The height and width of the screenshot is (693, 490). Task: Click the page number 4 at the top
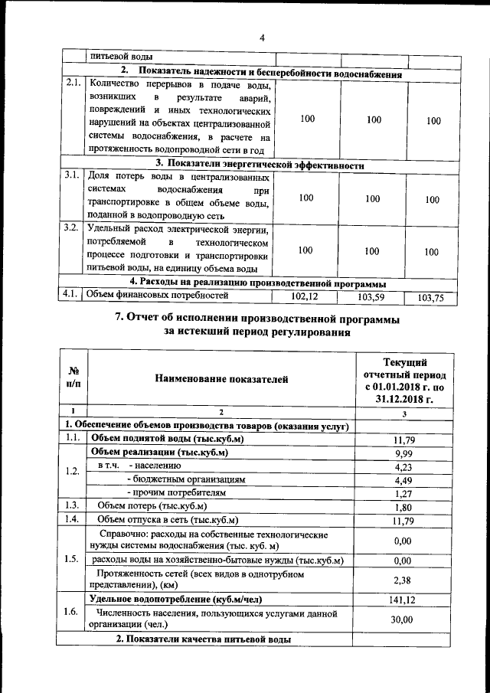pos(261,38)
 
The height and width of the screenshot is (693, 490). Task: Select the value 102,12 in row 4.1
pos(305,296)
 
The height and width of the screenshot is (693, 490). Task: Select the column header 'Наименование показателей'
pos(221,378)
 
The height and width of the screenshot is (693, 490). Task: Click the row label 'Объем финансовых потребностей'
pos(158,294)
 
